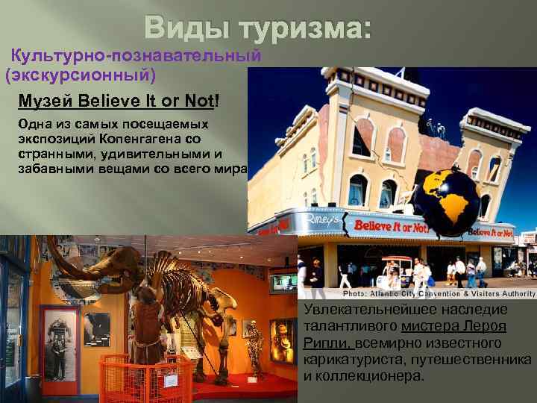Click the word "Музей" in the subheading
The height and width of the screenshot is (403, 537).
coord(45,101)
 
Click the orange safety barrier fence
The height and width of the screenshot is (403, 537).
coord(142,377)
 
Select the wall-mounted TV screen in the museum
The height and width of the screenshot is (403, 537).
coord(283,283)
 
